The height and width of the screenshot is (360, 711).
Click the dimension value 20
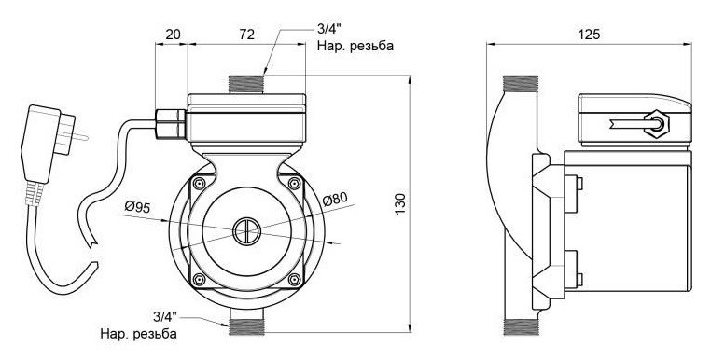pyautogui.click(x=173, y=34)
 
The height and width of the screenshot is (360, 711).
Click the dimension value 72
pyautogui.click(x=246, y=34)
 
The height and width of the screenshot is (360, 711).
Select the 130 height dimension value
pyautogui.click(x=400, y=203)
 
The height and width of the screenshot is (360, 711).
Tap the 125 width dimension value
pyautogui.click(x=589, y=34)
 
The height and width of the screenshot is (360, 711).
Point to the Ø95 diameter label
pyautogui.click(x=137, y=208)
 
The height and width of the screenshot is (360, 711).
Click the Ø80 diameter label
pyautogui.click(x=335, y=199)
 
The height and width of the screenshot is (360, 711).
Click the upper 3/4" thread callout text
pyautogui.click(x=328, y=31)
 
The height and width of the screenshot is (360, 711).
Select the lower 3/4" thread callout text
pyautogui.click(x=165, y=316)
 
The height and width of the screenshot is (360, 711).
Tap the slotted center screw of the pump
pyautogui.click(x=246, y=231)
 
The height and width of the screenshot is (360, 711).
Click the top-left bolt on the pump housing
pyautogui.click(x=199, y=184)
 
